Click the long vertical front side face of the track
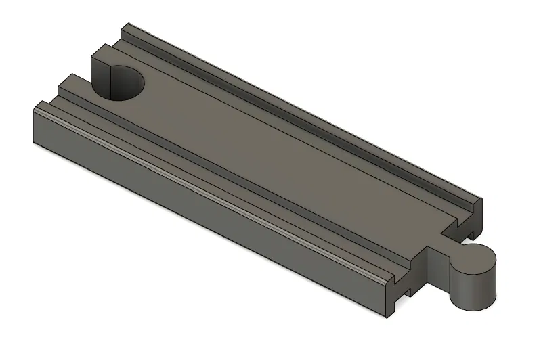pos(203,203)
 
